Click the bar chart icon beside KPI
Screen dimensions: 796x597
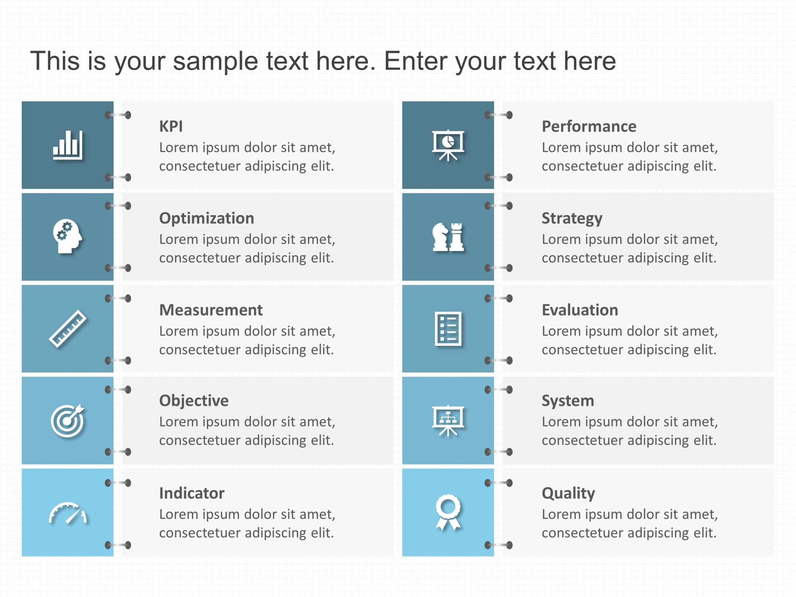[x=68, y=145]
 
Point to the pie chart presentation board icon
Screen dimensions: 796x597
[x=448, y=145]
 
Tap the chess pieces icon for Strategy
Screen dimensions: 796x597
[x=448, y=236]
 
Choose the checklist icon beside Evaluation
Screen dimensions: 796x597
[x=448, y=329]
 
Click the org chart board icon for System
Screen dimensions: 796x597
[x=448, y=421]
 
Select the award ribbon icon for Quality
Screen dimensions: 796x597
[x=448, y=512]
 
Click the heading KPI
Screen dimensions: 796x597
[x=171, y=127]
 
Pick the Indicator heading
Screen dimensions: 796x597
[x=192, y=493]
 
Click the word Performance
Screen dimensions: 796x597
[x=589, y=127]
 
